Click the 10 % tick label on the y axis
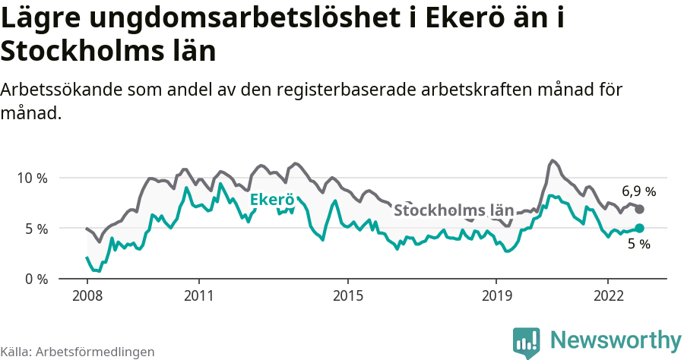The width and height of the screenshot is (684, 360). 31,178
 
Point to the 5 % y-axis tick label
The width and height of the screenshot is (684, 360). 35,229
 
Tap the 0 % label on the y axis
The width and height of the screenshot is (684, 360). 35,279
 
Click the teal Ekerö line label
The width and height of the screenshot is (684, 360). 272,201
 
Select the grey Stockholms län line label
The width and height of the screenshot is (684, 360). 454,210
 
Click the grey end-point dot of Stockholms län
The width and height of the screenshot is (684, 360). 640,209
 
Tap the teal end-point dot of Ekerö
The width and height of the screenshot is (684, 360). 640,228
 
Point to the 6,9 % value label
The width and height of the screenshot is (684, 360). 638,191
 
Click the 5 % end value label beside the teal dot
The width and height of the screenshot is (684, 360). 639,245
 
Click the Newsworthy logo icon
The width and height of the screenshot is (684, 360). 527,341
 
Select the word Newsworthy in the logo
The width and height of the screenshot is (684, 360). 616,339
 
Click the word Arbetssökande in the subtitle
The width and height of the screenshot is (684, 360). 63,90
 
